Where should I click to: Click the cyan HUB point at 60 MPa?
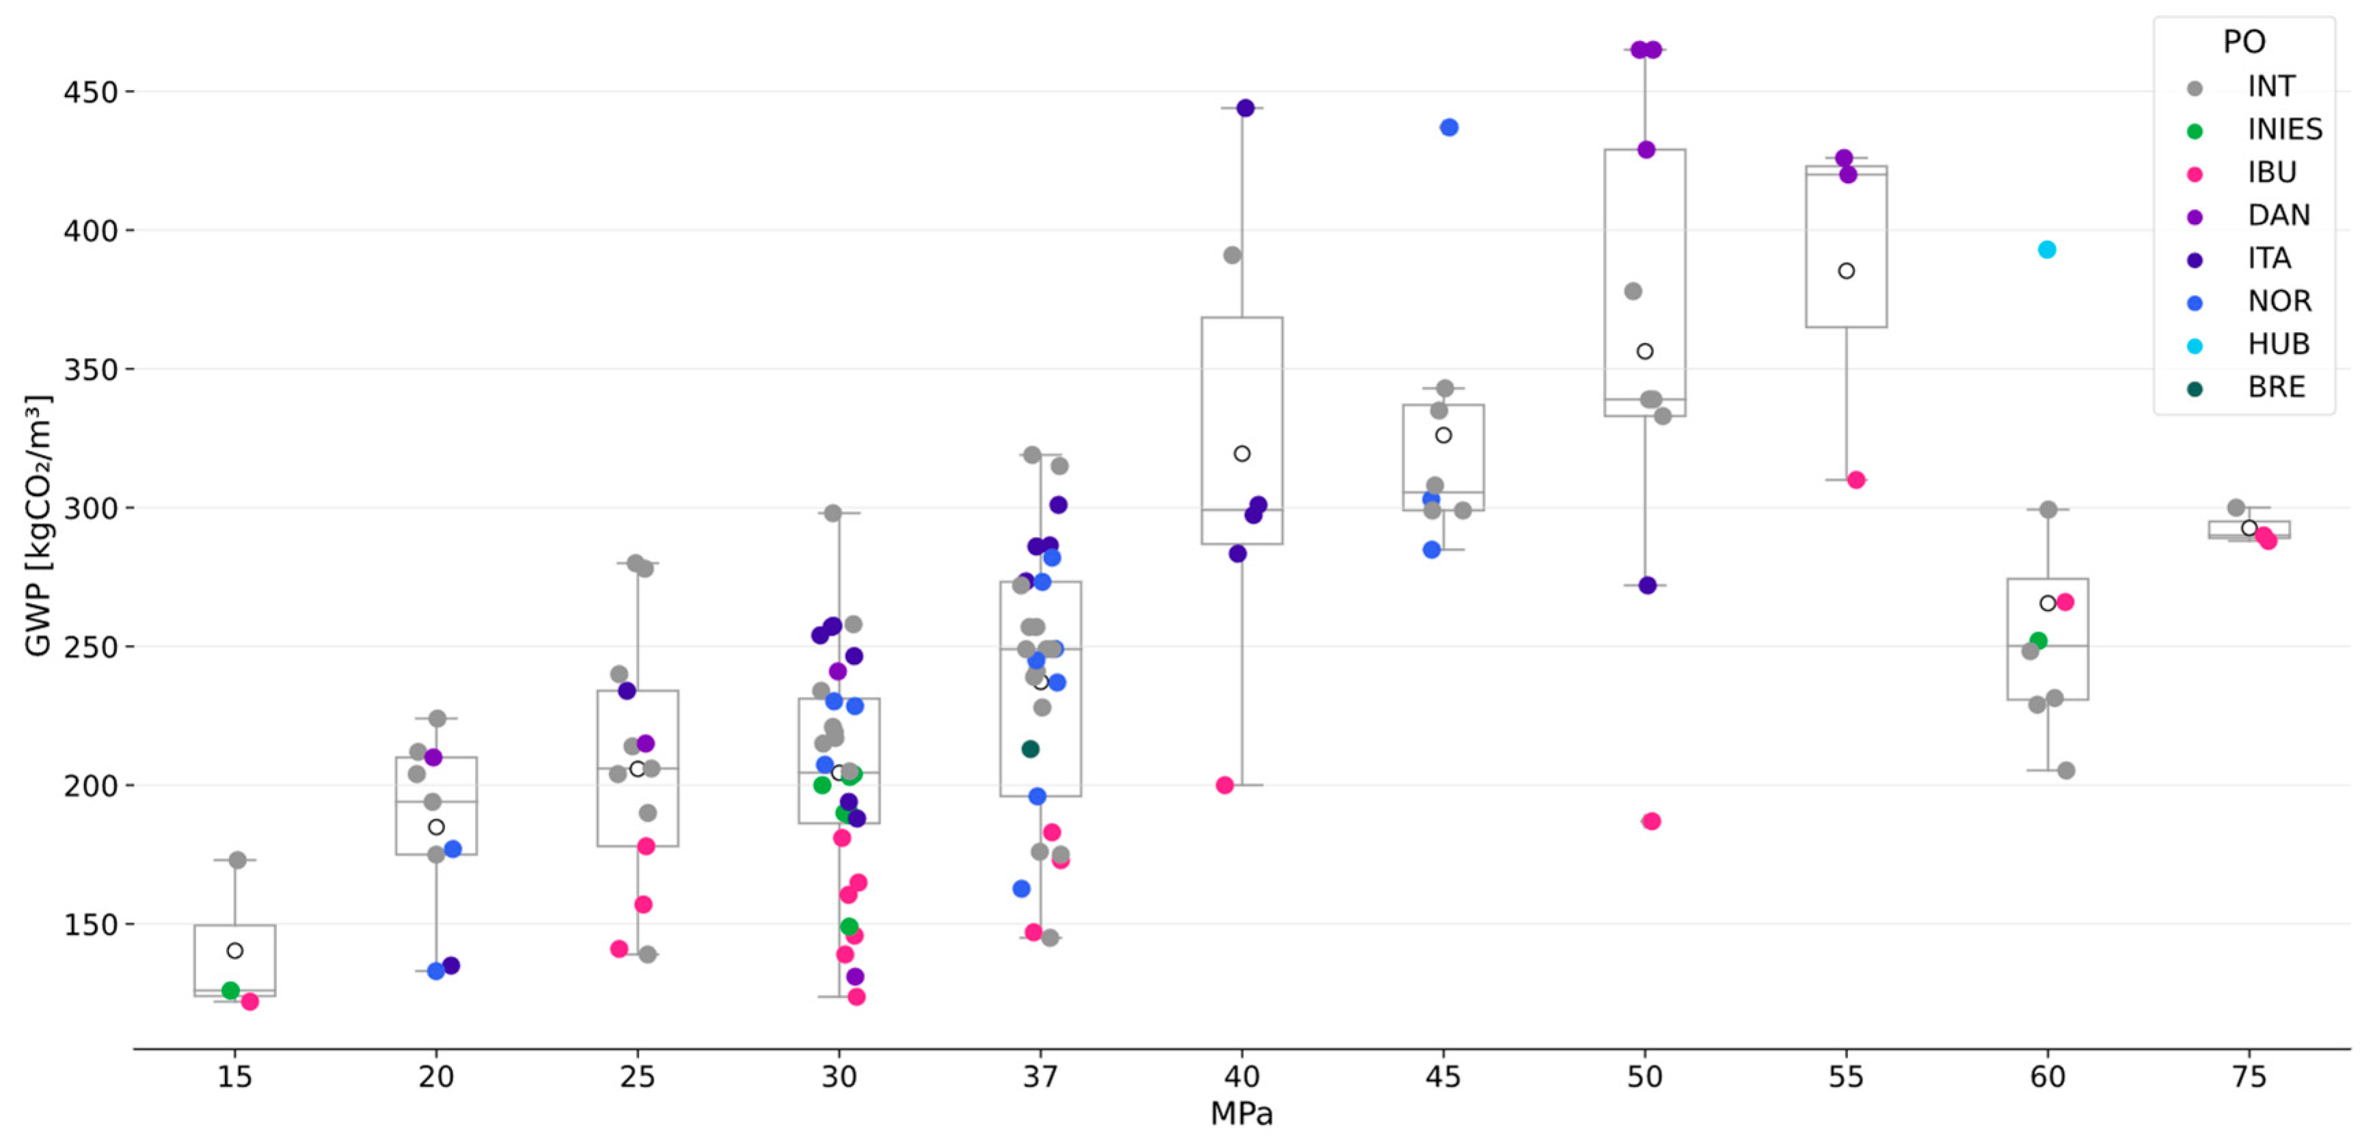(x=2047, y=249)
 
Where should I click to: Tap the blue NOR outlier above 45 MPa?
(x=1449, y=127)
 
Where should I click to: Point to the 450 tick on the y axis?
(x=90, y=92)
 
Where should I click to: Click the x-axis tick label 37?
(x=1040, y=1076)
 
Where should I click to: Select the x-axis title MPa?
(x=1241, y=1114)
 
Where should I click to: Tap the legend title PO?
(x=2243, y=42)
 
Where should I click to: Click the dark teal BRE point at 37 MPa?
(x=1031, y=749)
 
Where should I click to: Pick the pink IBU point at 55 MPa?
(x=1856, y=480)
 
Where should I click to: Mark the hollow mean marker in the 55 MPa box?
(x=1846, y=271)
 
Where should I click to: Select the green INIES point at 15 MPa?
(x=230, y=990)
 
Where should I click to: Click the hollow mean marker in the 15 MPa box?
(x=235, y=950)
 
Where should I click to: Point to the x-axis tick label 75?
(x=2249, y=1076)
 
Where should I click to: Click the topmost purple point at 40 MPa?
(x=1245, y=108)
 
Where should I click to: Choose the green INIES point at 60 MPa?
(x=2039, y=640)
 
